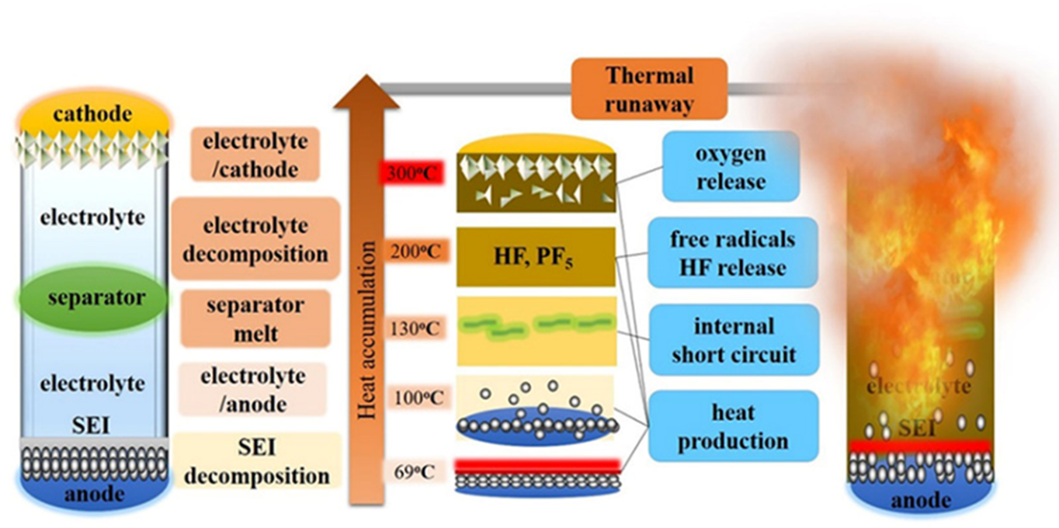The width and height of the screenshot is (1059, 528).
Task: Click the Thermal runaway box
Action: coord(649,89)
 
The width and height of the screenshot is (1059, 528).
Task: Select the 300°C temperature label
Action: coord(411,174)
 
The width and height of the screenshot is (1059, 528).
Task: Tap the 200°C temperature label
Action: coord(417,251)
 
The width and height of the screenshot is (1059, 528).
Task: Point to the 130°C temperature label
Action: coord(417,328)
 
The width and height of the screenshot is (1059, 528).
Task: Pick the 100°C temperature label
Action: coord(417,398)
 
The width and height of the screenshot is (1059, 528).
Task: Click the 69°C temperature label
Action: coord(414,471)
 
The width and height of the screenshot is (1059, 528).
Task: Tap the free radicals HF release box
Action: coord(732,253)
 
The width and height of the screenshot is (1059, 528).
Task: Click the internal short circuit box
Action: coord(734,340)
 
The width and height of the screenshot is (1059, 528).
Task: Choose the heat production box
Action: coord(732,426)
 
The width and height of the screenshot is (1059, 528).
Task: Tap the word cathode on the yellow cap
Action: coord(93,114)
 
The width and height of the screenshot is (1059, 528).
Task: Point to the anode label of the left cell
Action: coord(93,494)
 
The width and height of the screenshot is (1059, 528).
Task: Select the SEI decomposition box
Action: coord(256,461)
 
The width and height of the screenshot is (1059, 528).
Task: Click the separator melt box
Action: coord(255,319)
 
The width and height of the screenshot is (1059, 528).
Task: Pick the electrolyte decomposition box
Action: coord(255,239)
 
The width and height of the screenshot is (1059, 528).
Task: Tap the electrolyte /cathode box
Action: coord(255,155)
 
